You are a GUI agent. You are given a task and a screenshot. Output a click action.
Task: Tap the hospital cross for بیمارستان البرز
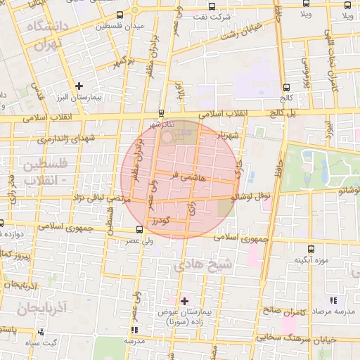click(x=80, y=85)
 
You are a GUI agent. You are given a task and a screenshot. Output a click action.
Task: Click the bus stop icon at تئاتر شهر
click(x=162, y=112)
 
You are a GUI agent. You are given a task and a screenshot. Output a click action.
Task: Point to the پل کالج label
click(x=293, y=112)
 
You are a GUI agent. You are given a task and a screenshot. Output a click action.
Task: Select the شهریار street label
click(x=231, y=134)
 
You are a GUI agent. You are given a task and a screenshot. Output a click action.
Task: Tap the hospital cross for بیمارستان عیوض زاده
click(x=184, y=300)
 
